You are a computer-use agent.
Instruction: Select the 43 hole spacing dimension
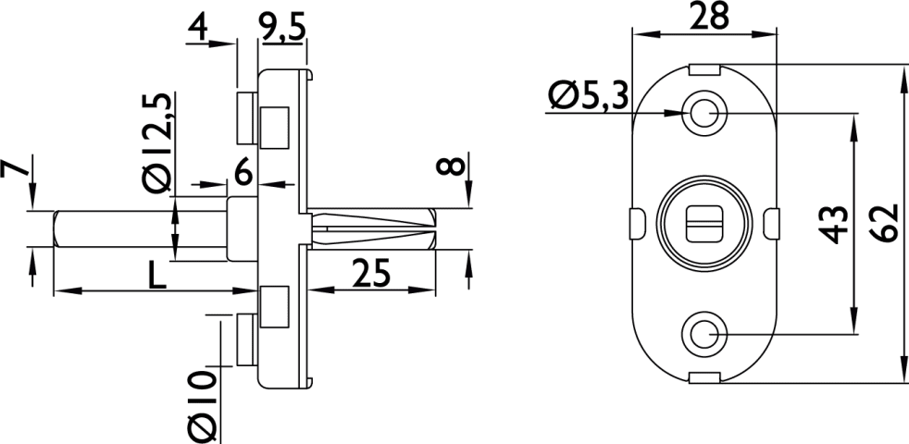click(x=835, y=225)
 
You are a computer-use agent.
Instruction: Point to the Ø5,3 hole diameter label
click(x=588, y=96)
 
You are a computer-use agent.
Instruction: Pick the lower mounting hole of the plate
click(x=704, y=335)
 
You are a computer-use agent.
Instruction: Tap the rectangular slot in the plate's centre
click(x=704, y=223)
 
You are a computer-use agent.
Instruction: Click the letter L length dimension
click(x=156, y=277)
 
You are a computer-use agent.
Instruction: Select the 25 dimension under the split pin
click(x=371, y=274)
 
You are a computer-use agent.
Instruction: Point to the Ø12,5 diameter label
click(x=156, y=142)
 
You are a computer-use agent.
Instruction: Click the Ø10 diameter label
click(x=202, y=407)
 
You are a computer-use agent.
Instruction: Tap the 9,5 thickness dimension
click(x=283, y=29)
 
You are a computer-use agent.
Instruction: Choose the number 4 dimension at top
click(x=197, y=29)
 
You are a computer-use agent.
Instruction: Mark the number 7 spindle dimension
click(x=14, y=168)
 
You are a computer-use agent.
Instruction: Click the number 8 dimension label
click(x=453, y=166)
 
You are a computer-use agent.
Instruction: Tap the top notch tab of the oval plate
click(x=704, y=69)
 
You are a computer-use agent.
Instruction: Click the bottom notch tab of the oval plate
click(x=704, y=378)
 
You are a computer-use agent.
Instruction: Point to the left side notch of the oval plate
click(x=637, y=223)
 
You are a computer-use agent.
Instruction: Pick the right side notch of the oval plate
click(x=772, y=223)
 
